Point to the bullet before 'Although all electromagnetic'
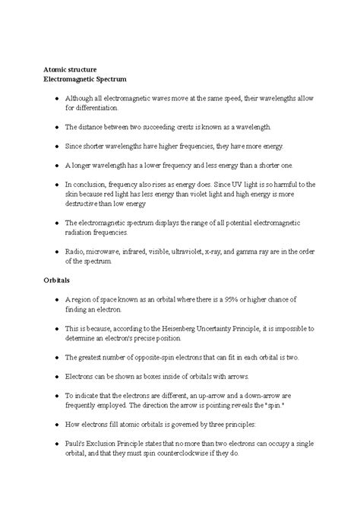49,98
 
